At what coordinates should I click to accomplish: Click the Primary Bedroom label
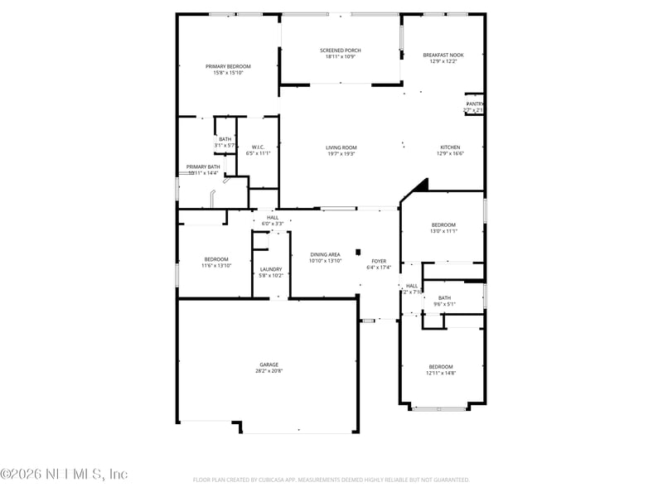pyautogui.click(x=228, y=66)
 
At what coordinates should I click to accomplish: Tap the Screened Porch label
pyautogui.click(x=341, y=51)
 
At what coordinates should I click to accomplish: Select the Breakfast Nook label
pyautogui.click(x=443, y=55)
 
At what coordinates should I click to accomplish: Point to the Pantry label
pyautogui.click(x=474, y=104)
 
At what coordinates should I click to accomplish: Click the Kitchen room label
pyautogui.click(x=450, y=147)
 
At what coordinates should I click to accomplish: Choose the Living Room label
pyautogui.click(x=341, y=147)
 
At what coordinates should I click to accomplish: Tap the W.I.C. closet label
pyautogui.click(x=258, y=147)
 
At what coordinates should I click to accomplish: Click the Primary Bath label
pyautogui.click(x=203, y=166)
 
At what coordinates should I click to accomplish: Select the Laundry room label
pyautogui.click(x=271, y=269)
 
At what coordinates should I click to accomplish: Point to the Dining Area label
pyautogui.click(x=325, y=254)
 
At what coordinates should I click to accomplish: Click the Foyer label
pyautogui.click(x=379, y=261)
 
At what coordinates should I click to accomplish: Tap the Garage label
pyautogui.click(x=269, y=364)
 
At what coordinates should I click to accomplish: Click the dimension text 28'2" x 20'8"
pyautogui.click(x=269, y=371)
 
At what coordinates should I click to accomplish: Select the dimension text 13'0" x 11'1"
pyautogui.click(x=443, y=231)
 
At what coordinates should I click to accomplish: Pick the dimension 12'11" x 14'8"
pyautogui.click(x=441, y=373)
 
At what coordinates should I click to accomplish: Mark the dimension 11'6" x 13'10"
pyautogui.click(x=215, y=266)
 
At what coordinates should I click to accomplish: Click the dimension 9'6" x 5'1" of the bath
pyautogui.click(x=445, y=304)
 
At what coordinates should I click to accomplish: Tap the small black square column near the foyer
pyautogui.click(x=358, y=252)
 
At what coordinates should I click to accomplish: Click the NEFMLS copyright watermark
pyautogui.click(x=64, y=474)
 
